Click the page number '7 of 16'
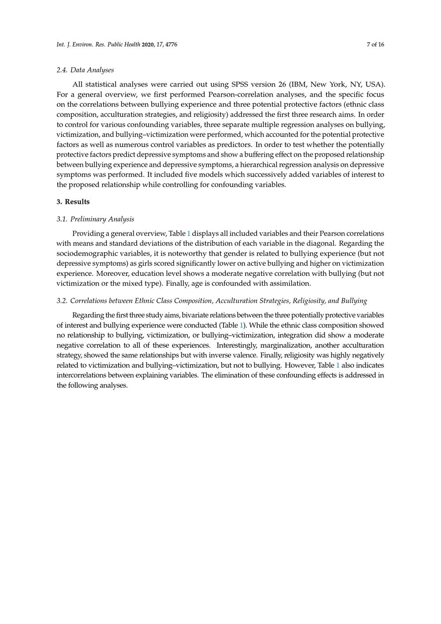pos(375,45)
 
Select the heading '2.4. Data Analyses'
pos(85,70)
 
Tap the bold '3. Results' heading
pos(73,202)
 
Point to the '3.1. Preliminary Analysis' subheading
pos(95,219)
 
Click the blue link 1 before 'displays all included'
pos(189,233)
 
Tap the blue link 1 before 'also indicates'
pos(338,365)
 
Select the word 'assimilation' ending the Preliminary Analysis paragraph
pos(291,283)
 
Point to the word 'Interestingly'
pos(238,345)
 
